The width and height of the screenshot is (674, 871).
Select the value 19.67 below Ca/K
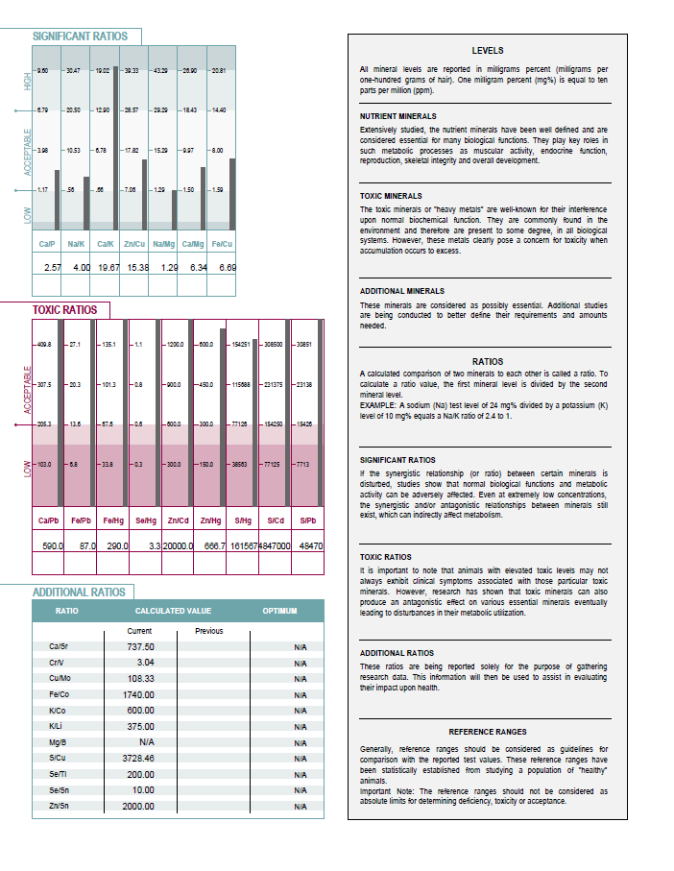coord(105,265)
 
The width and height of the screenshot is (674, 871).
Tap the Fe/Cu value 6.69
coord(227,265)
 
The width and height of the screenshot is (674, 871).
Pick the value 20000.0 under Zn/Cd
coord(178,544)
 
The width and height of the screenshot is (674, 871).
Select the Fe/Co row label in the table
coord(58,693)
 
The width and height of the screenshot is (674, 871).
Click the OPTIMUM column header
coord(280,611)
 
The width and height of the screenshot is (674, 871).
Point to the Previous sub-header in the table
coord(208,631)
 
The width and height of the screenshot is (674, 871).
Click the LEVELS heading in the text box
coord(487,50)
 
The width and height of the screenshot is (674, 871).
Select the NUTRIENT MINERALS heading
coord(397,116)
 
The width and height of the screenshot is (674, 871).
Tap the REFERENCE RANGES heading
coord(487,732)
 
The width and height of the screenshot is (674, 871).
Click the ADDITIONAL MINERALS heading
coord(401,290)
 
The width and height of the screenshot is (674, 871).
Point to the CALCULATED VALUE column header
coord(173,611)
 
